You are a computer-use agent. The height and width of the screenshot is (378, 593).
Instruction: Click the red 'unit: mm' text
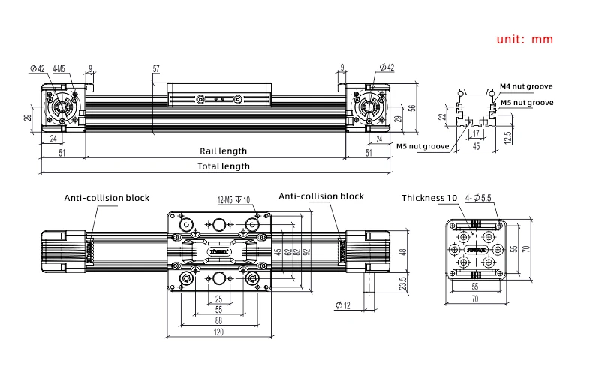point(524,39)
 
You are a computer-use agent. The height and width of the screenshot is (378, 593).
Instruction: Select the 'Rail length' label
point(223,151)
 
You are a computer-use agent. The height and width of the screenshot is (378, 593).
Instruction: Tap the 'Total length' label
point(223,166)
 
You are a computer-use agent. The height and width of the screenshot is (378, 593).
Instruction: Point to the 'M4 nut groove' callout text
point(526,87)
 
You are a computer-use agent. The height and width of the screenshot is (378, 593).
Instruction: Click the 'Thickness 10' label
point(429,198)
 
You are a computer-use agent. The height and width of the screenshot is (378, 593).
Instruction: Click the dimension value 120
point(218,331)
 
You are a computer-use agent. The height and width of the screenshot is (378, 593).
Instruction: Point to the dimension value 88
point(218,319)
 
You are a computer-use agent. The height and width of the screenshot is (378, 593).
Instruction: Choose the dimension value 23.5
point(402,286)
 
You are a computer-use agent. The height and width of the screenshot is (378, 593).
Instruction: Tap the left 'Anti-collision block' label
point(106,198)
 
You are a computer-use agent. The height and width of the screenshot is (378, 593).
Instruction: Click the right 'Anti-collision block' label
point(321,196)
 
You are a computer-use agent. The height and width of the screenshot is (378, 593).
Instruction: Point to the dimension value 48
point(402,252)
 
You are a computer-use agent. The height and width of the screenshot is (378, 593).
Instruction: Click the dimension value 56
point(411,107)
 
